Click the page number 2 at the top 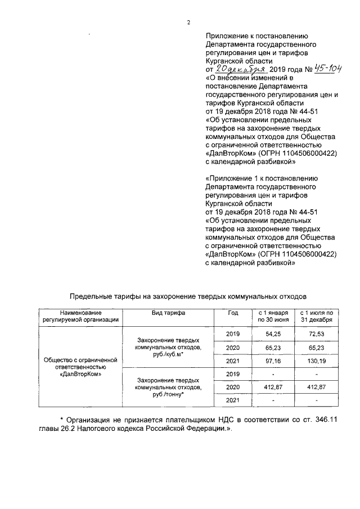coord(189,22)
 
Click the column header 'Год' coord(233,312)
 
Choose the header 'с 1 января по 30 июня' coord(273,316)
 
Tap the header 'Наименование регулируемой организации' coord(76,316)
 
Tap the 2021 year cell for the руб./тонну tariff coord(233,400)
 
